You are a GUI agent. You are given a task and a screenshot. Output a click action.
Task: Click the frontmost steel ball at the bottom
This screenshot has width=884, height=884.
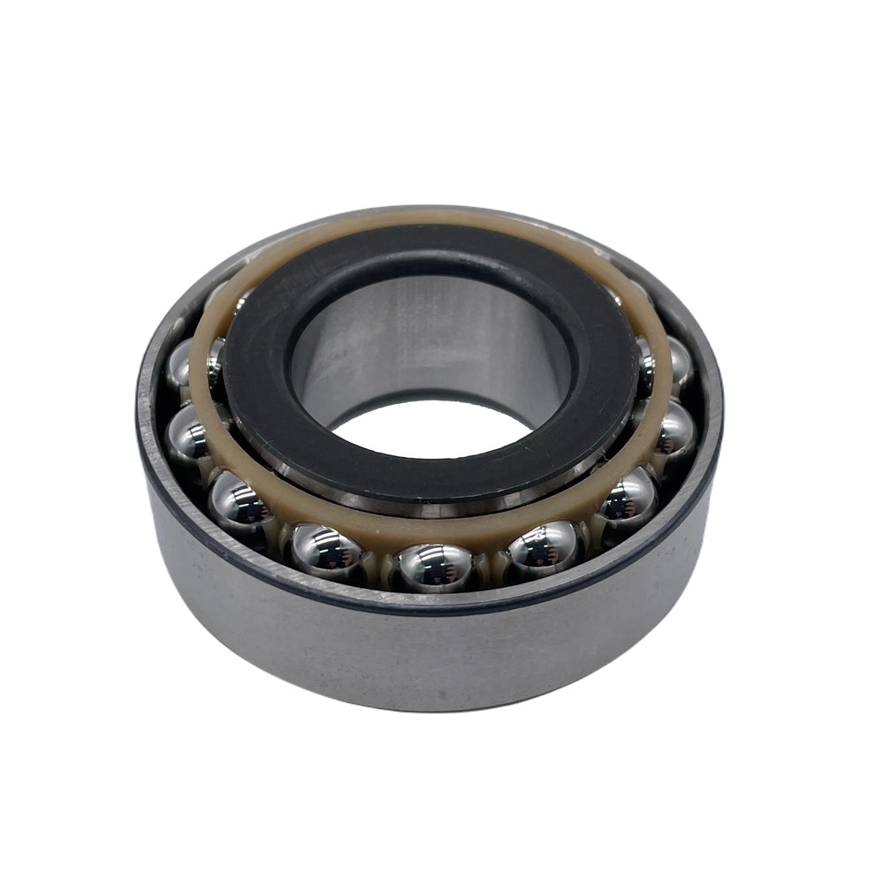point(435,567)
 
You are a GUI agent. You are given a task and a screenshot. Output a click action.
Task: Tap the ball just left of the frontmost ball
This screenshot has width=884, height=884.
point(327,550)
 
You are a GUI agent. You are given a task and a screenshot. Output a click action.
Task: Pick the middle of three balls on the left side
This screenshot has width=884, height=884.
point(187,431)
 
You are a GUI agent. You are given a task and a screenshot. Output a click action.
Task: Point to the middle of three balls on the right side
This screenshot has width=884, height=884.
point(674,431)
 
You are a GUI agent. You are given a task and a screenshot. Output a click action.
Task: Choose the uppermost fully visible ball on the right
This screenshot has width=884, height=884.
point(679,362)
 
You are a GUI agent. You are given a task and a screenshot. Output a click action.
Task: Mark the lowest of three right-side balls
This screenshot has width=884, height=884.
point(628,500)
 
